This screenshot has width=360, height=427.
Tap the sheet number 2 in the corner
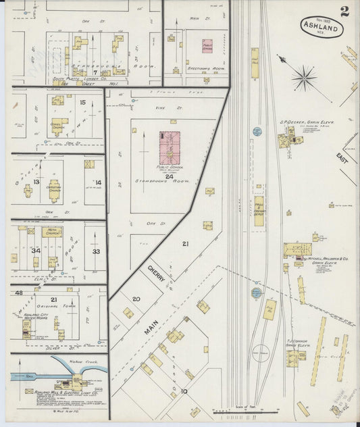(345, 11)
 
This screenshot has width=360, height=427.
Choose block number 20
(136, 299)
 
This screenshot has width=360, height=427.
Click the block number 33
(96, 251)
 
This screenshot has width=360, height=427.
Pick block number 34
(34, 251)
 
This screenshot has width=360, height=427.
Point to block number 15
(82, 103)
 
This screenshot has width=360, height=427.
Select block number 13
(35, 182)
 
